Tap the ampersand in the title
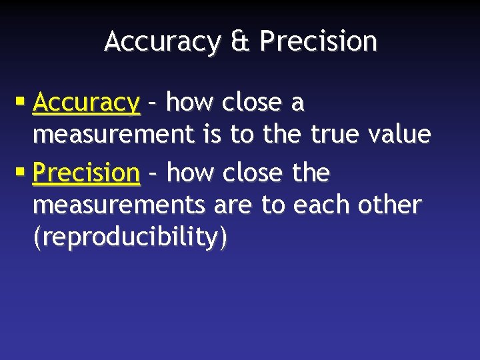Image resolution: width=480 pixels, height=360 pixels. [240, 41]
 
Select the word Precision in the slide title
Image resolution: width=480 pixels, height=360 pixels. [318, 41]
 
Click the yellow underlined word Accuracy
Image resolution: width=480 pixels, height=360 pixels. [86, 103]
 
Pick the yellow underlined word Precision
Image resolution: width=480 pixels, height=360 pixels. [86, 173]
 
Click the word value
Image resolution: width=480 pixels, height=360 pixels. [399, 135]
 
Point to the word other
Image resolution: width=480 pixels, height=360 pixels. [389, 205]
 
